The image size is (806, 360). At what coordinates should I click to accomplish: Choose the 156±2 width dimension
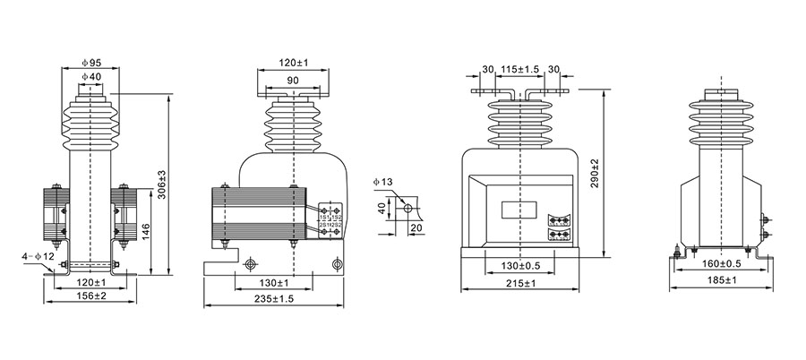pos(90,296)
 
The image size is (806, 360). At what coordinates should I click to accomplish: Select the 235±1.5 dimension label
pos(274,299)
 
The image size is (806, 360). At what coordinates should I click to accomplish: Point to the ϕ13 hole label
pos(382,183)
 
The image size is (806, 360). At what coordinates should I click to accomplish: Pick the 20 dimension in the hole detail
pos(415,228)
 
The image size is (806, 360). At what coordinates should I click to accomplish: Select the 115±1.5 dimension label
pos(519,70)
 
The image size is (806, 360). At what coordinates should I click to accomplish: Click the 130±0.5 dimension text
pos(519,267)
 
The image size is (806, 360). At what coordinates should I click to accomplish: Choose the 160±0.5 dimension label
pos(721,265)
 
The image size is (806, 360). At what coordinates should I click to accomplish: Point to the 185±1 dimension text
pos(721,281)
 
